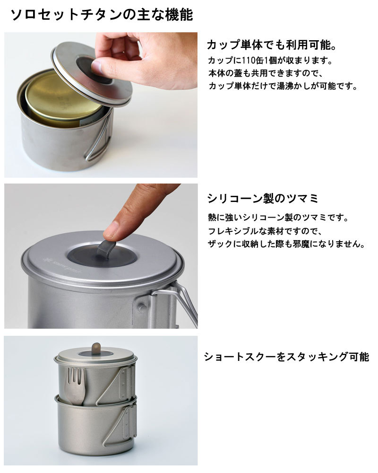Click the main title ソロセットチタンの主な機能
click(x=102, y=15)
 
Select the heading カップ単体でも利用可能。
click(x=272, y=45)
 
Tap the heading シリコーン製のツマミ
click(x=263, y=198)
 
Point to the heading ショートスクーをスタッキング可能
click(x=287, y=357)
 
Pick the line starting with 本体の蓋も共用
click(x=266, y=73)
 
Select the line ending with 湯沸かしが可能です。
click(x=283, y=86)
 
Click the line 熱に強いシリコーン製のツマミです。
click(x=278, y=218)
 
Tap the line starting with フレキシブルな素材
click(x=265, y=231)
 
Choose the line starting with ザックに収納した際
click(x=286, y=244)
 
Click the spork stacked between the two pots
click(x=75, y=385)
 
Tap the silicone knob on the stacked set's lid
click(x=96, y=349)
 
